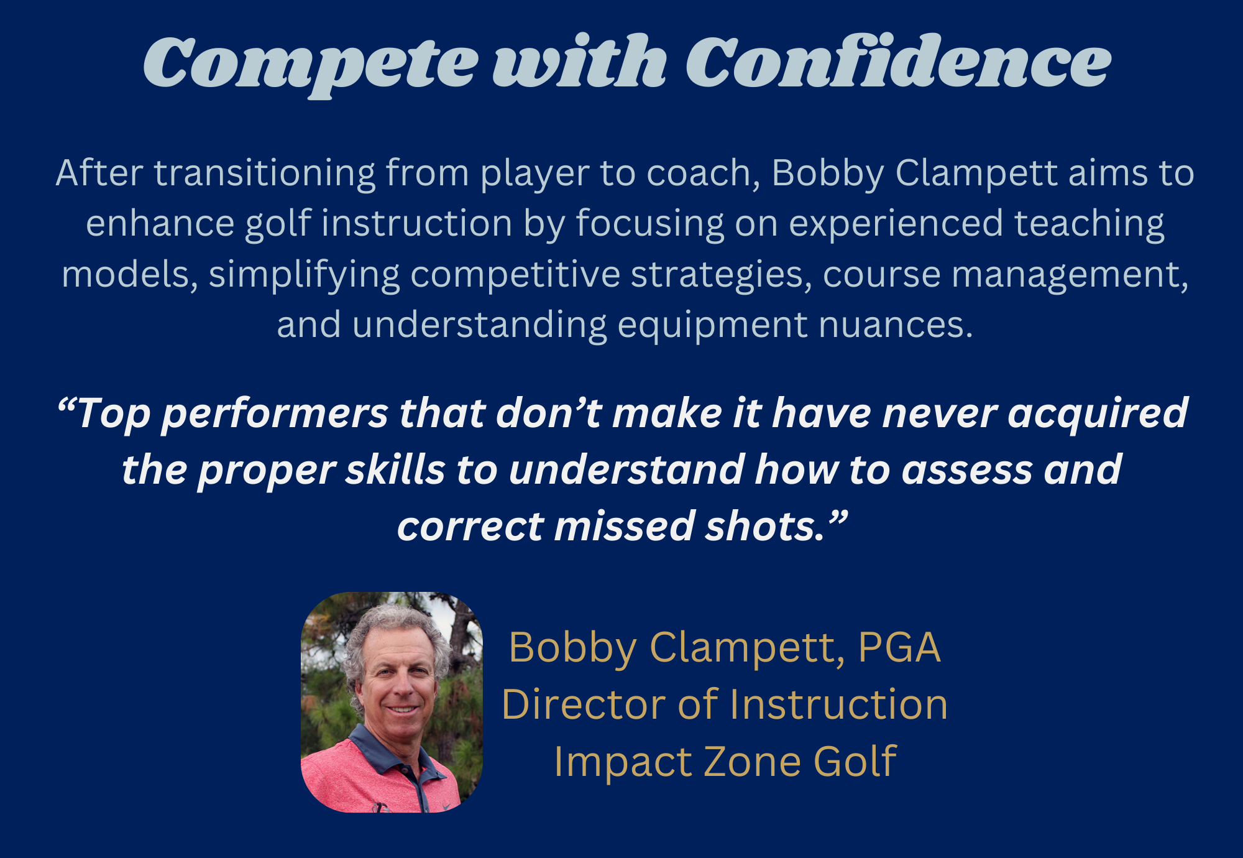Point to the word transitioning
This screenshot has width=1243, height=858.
pyautogui.click(x=265, y=172)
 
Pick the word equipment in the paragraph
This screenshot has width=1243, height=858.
pyautogui.click(x=712, y=326)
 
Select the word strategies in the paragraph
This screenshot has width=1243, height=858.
pyautogui.click(x=721, y=275)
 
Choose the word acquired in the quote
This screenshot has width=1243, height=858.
pyautogui.click(x=1098, y=414)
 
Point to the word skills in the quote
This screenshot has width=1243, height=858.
pyautogui.click(x=395, y=469)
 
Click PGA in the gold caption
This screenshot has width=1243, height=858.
pyautogui.click(x=899, y=647)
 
